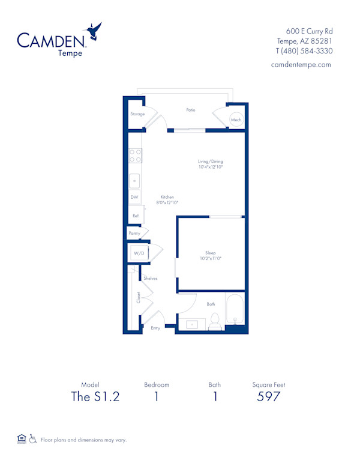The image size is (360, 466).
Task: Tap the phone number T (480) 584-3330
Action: point(305,51)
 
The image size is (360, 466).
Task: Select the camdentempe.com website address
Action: point(301,65)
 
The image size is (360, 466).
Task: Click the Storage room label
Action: point(137,114)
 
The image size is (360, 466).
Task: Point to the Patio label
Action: point(190,110)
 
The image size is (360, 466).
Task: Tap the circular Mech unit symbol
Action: point(236,120)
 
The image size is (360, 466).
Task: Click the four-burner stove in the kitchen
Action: point(135,156)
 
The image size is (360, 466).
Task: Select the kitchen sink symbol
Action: point(135,180)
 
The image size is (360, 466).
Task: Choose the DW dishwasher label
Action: point(134,197)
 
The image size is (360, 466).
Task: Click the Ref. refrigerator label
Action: point(136,215)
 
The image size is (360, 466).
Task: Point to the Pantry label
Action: point(134,233)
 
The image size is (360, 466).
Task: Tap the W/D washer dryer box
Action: point(139,253)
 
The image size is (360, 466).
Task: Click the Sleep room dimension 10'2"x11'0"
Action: point(210,258)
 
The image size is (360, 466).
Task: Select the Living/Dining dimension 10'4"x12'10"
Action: point(211,168)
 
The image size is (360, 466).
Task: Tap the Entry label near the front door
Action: point(155,328)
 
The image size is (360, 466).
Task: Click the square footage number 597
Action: point(269,396)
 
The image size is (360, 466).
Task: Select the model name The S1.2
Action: point(95,396)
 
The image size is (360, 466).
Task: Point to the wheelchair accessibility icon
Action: point(33,439)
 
